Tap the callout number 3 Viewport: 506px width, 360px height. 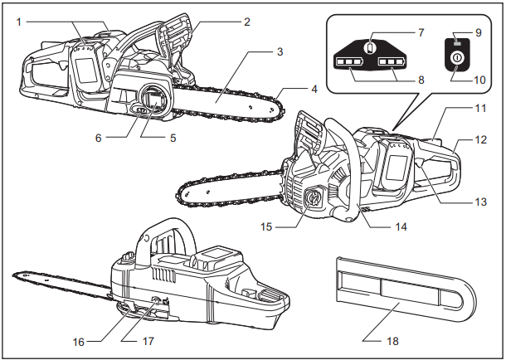click(x=280, y=51)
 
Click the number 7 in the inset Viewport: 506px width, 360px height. click(x=421, y=32)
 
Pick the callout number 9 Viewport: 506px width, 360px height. click(x=478, y=32)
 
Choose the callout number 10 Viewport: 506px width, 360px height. click(x=479, y=80)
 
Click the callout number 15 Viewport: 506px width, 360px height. click(x=266, y=224)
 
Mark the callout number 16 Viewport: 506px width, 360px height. click(x=79, y=339)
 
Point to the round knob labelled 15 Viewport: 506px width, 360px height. click(x=314, y=199)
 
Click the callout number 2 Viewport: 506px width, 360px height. click(x=247, y=22)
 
